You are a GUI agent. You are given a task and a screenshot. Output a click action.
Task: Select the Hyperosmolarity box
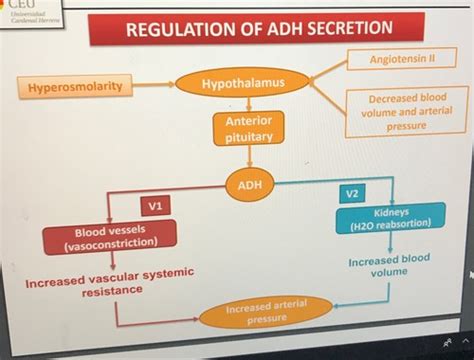[75, 88]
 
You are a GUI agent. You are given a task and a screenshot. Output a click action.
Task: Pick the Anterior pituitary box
[241, 127]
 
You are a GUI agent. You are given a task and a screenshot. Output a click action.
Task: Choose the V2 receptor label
[353, 192]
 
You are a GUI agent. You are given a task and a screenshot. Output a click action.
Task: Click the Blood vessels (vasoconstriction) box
[109, 237]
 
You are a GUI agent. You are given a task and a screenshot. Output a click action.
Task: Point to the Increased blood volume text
[389, 265]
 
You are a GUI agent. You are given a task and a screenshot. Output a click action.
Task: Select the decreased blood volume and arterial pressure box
[404, 112]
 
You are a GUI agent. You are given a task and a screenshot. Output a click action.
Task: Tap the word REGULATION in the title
[179, 33]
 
